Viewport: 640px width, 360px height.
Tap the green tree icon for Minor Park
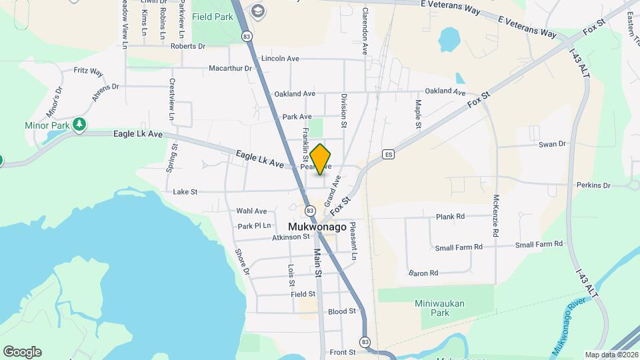tap(79, 125)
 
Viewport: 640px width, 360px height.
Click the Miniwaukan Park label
tap(439, 307)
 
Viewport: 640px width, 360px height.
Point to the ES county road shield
tap(389, 155)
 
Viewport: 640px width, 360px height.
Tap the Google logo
tap(22, 352)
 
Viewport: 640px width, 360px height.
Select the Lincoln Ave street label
tap(280, 59)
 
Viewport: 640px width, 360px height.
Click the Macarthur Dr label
tap(230, 68)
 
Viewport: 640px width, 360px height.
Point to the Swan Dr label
tap(552, 143)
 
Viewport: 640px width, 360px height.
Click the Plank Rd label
tap(450, 217)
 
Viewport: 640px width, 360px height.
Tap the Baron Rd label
tap(423, 273)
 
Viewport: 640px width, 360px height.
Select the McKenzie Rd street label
tap(496, 217)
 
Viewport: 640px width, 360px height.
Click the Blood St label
tap(342, 311)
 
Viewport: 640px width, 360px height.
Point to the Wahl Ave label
tap(251, 211)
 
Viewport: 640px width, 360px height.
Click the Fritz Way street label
tap(88, 71)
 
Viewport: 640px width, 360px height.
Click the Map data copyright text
tap(611, 355)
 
